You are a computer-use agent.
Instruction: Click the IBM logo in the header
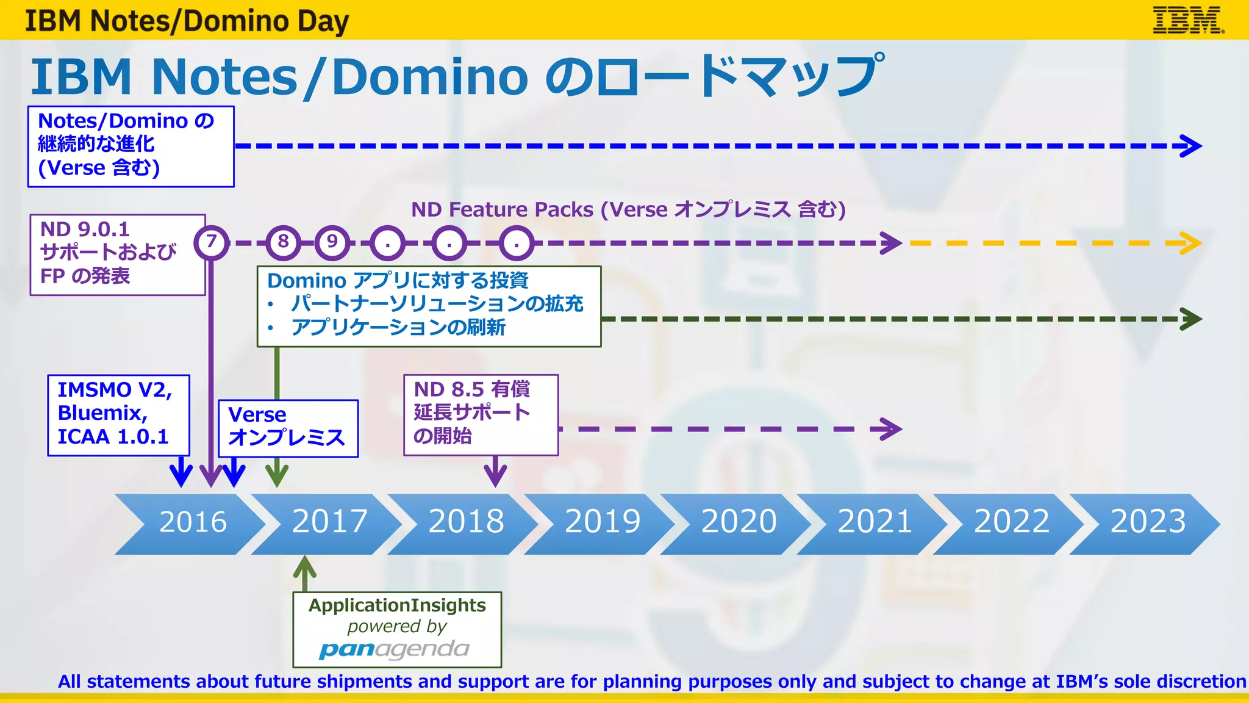(1187, 20)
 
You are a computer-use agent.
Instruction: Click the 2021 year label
(875, 522)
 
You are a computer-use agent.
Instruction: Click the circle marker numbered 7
(211, 242)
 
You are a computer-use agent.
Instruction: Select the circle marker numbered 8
(283, 242)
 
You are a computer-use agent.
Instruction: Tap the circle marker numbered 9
(332, 242)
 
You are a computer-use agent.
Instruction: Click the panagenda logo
(394, 650)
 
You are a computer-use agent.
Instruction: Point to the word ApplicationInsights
(397, 605)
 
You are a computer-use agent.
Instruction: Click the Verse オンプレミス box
(288, 428)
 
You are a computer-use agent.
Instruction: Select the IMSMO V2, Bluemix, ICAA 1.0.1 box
(118, 414)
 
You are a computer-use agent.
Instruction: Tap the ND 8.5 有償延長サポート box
(481, 414)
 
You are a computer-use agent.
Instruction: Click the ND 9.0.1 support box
(117, 254)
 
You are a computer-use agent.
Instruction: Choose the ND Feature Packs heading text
(628, 210)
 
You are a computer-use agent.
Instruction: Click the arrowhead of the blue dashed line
(1191, 146)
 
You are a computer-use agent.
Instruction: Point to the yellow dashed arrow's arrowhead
(1191, 243)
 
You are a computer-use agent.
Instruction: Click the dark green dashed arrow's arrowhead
(1191, 319)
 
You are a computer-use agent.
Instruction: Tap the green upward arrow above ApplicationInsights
(304, 571)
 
